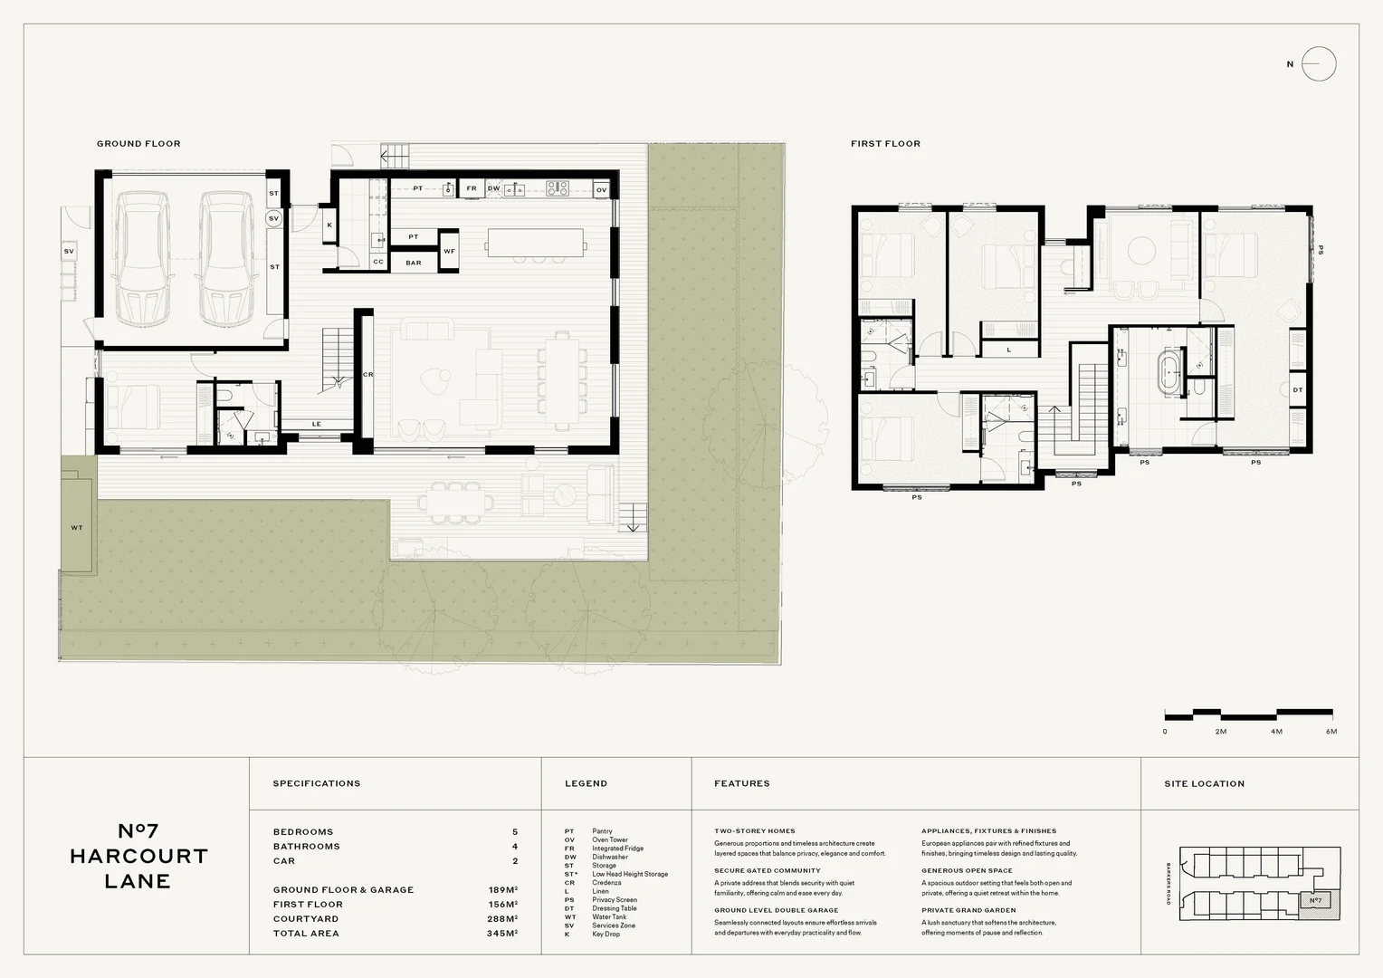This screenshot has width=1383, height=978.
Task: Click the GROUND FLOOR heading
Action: pos(138,144)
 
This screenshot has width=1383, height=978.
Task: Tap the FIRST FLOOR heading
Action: pos(885,144)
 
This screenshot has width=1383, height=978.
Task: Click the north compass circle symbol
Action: pos(1319,64)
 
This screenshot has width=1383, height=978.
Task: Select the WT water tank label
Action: pos(77,528)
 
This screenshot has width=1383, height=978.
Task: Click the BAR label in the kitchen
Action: pos(414,264)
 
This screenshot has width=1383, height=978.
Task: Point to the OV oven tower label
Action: pos(601,190)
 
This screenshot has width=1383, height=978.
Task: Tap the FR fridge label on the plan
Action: pos(472,189)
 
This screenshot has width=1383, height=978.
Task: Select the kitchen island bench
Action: pos(535,243)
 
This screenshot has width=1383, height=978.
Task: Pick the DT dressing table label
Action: pos(1297,390)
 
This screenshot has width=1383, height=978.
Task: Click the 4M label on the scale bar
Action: pos(1276,731)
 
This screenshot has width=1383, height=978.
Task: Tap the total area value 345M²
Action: pos(502,934)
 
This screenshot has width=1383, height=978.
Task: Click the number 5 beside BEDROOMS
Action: pos(515,832)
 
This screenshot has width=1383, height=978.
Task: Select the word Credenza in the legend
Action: pos(606,883)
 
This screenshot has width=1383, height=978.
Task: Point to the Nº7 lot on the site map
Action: pos(1315,900)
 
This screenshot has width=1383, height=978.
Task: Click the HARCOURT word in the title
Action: pos(138,857)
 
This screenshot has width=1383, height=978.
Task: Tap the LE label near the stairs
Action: pos(317,424)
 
